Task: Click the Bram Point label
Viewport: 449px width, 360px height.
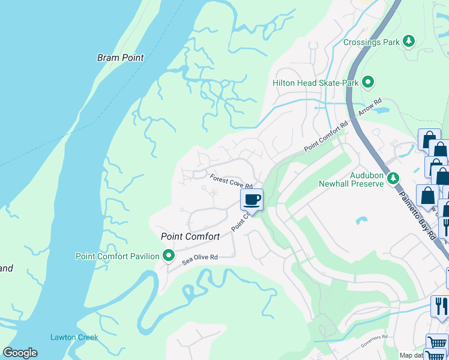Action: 121,58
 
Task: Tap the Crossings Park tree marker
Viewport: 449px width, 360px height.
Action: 409,41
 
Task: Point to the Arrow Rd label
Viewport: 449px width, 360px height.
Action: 370,107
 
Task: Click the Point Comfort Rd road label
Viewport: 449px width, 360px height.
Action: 326,137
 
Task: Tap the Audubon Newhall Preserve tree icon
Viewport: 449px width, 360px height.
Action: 393,178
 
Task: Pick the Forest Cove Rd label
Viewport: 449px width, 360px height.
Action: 230,181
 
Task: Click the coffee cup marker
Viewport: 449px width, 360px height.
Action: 252,199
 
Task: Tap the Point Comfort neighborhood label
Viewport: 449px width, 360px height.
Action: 190,236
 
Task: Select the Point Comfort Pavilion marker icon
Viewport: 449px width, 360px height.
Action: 169,256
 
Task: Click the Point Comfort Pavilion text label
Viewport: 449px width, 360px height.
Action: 118,256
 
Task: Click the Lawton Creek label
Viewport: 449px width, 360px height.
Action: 74,337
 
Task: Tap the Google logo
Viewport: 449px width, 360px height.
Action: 20,353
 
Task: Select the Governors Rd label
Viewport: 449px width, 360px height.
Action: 375,342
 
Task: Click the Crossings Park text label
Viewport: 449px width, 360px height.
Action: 371,42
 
